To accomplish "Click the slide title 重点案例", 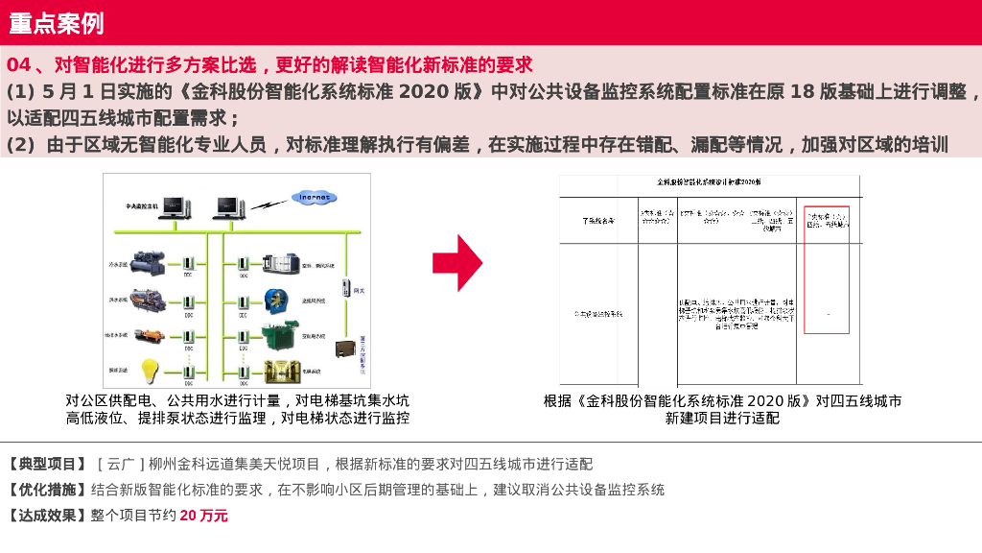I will [57, 23].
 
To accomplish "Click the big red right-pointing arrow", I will [456, 261].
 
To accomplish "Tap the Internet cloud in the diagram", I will [315, 198].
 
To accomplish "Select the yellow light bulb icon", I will [151, 370].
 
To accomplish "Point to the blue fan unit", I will [277, 300].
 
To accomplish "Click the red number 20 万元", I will [204, 516].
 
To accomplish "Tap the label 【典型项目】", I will [48, 464].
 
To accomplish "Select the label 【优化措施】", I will [48, 490].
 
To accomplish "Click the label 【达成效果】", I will [48, 516].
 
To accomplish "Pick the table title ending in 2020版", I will [710, 181].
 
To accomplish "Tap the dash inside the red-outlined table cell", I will [828, 313].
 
